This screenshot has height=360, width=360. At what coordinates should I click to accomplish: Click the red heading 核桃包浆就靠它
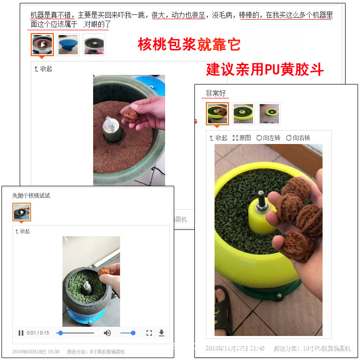[x=189, y=45]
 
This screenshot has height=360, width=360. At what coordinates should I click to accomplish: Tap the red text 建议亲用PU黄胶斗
[x=265, y=70]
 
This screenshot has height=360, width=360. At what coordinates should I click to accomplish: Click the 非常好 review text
[x=215, y=93]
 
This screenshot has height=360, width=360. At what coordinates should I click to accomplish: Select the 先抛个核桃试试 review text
[x=31, y=196]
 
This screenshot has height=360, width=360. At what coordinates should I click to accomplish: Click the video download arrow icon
[x=161, y=333]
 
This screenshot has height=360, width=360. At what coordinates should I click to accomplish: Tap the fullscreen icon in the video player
[x=149, y=333]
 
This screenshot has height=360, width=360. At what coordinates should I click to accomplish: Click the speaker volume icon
[x=107, y=333]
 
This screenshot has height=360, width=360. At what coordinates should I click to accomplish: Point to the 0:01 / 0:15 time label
[x=38, y=333]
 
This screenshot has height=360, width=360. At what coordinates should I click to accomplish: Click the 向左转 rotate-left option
[x=269, y=138]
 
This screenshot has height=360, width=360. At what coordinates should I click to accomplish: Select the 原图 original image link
[x=241, y=138]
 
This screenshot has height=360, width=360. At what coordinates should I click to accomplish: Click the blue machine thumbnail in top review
[x=69, y=45]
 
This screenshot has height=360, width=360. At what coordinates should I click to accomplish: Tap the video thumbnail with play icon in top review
[x=42, y=45]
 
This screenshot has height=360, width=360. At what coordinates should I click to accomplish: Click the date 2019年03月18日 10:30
[x=36, y=352]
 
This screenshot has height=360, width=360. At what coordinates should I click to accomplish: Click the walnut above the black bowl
[x=104, y=272]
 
